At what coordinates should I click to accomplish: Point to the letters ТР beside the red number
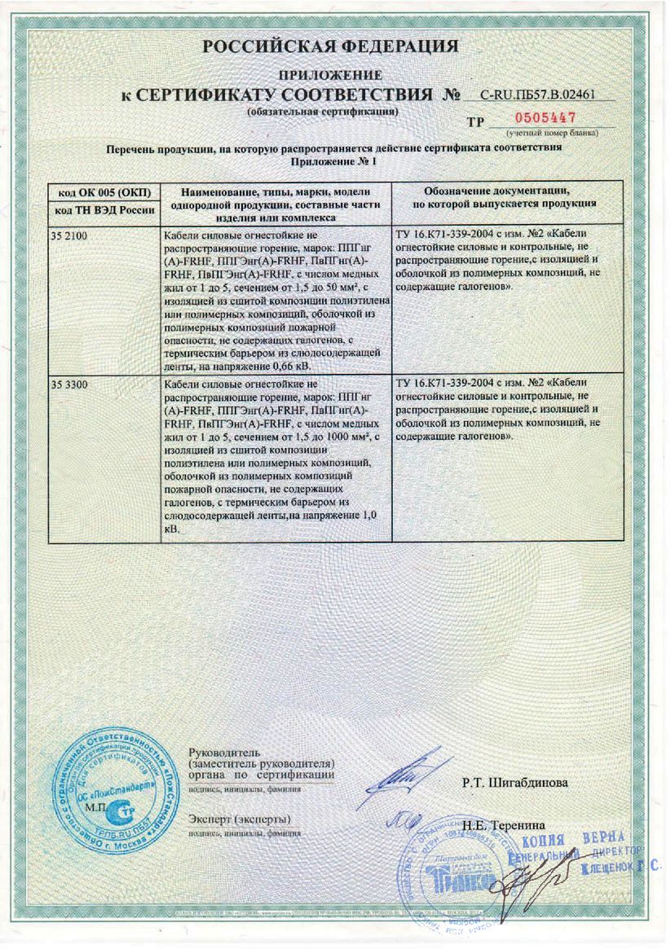(476, 122)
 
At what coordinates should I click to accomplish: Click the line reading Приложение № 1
(334, 161)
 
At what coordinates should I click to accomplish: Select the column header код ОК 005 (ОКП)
(100, 192)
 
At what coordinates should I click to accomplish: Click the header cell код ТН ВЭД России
(100, 211)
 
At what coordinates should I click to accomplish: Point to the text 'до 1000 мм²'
(333, 438)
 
